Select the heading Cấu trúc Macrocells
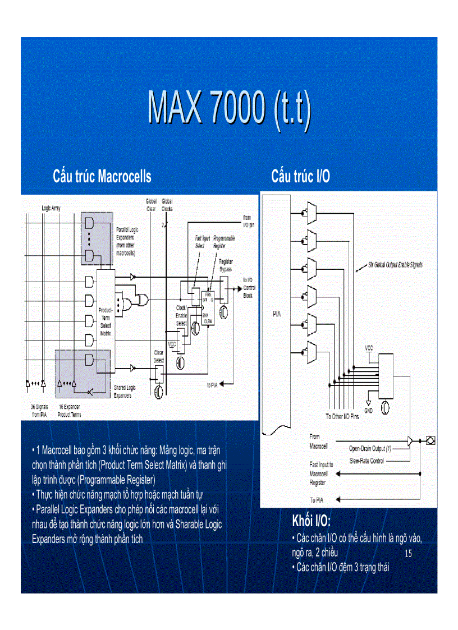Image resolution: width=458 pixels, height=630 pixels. (102, 177)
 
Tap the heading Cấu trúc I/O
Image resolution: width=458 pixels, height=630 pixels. (300, 177)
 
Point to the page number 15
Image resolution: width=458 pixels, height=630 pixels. (408, 554)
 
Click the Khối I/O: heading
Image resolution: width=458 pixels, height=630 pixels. (315, 519)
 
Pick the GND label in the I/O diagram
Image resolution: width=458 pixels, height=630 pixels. (369, 410)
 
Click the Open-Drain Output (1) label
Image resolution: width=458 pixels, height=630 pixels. (370, 449)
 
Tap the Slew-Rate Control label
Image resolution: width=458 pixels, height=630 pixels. (367, 461)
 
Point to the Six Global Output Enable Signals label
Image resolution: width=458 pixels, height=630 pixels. (395, 264)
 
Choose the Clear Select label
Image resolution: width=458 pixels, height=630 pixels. (159, 357)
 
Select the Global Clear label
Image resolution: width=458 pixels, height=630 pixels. (151, 204)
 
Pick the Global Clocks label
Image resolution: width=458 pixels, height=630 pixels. (167, 204)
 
